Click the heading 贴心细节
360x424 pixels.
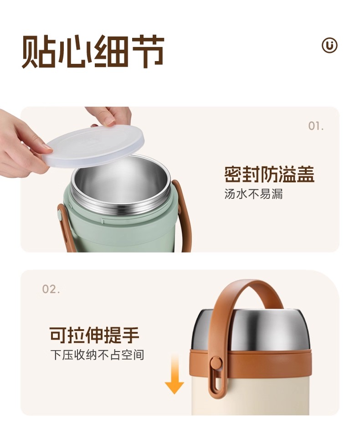pyautogui.click(x=93, y=52)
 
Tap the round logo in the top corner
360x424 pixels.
pyautogui.click(x=329, y=45)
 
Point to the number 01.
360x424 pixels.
pyautogui.click(x=316, y=126)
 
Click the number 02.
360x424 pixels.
pyautogui.click(x=51, y=289)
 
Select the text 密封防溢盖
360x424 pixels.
pyautogui.click(x=269, y=175)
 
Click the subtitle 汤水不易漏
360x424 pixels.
pyautogui.click(x=253, y=194)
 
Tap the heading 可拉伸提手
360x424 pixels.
pyautogui.click(x=94, y=335)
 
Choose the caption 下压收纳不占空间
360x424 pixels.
pyautogui.click(x=97, y=355)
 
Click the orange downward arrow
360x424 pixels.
pyautogui.click(x=175, y=374)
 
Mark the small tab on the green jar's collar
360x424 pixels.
pyautogui.click(x=103, y=220)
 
